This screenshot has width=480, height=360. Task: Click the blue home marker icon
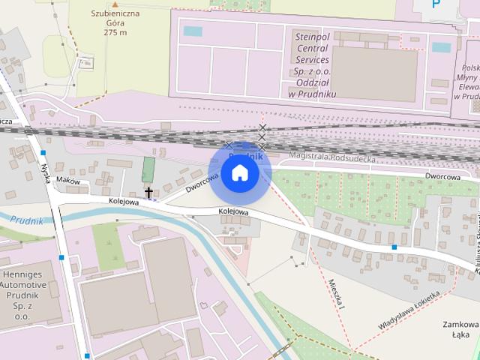(x=239, y=173)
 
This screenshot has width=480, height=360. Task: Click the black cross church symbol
(x=148, y=193)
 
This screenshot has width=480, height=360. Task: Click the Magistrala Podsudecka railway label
(x=325, y=155)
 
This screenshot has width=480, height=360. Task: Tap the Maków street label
(x=68, y=180)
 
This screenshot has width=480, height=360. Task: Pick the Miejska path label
(x=335, y=294)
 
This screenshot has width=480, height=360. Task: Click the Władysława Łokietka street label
(x=408, y=313)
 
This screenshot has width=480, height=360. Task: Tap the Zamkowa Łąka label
(x=460, y=331)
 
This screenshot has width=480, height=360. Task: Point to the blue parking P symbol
(x=436, y=4)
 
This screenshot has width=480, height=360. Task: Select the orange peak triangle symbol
(x=115, y=4)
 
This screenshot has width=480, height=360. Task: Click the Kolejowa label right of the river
(x=233, y=212)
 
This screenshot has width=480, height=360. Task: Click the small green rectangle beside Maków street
(x=148, y=169)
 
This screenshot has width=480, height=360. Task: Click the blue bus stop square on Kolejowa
(x=394, y=247)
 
